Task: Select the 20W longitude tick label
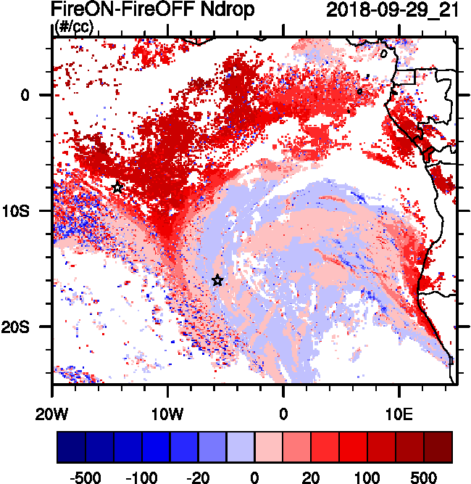point(52,416)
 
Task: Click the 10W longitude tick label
point(168,416)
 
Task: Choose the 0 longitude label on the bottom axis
point(283,416)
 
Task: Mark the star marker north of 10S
point(117,187)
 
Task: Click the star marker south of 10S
point(217,280)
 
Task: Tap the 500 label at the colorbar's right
point(423,478)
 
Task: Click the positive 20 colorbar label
point(310,478)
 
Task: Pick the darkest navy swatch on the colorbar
point(71,447)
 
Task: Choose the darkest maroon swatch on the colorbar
point(438,447)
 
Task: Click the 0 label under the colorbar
point(254,478)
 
